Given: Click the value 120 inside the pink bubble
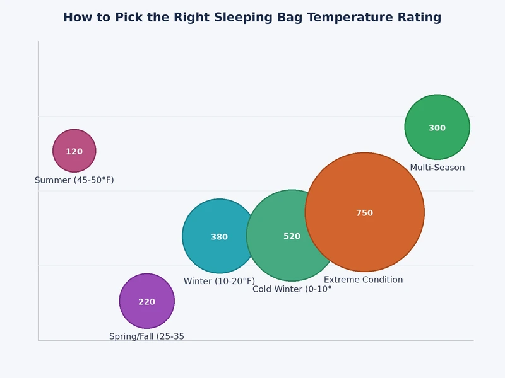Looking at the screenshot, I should pyautogui.click(x=74, y=152).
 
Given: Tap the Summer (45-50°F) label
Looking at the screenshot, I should pyautogui.click(x=74, y=180).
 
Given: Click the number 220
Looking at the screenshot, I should pyautogui.click(x=146, y=302).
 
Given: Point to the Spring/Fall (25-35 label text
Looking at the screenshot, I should pyautogui.click(x=146, y=336).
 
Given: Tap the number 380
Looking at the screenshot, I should pyautogui.click(x=219, y=237).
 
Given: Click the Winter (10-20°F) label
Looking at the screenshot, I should pyautogui.click(x=219, y=281).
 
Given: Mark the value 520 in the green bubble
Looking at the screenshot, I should pyautogui.click(x=292, y=236).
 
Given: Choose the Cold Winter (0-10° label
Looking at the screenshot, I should pyautogui.click(x=292, y=289).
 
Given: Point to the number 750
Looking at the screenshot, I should pyautogui.click(x=364, y=213).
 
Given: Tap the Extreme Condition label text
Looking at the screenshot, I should pyautogui.click(x=363, y=280).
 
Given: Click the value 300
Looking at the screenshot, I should pyautogui.click(x=437, y=128).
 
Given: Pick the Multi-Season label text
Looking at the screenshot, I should pyautogui.click(x=437, y=168).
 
